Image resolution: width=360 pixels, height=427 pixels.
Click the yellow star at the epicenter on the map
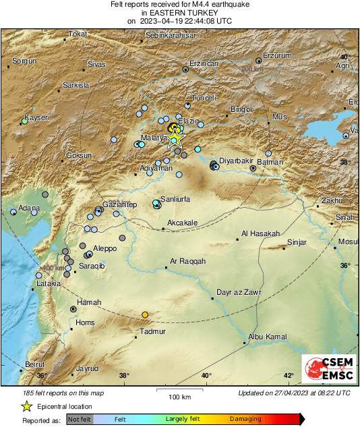tap(175, 138)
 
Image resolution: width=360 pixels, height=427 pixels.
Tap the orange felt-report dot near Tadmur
tap(145, 315)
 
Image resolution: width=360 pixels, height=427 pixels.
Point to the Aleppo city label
tap(104, 248)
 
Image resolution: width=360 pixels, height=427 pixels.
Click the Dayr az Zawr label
tap(239, 292)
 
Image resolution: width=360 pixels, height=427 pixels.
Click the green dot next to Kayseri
tap(24, 122)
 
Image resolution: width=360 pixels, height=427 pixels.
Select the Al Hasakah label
tap(260, 233)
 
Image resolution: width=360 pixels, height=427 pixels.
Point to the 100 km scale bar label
tap(179, 396)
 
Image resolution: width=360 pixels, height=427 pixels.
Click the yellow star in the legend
tap(26, 406)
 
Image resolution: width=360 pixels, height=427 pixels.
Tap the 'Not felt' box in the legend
tap(79, 419)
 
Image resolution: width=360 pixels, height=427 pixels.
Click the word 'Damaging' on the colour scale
tap(245, 419)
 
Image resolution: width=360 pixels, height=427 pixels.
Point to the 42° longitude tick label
tap(289, 376)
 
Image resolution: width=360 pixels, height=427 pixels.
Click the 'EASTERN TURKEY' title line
tap(179, 12)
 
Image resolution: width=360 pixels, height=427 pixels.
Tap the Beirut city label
tap(34, 364)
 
